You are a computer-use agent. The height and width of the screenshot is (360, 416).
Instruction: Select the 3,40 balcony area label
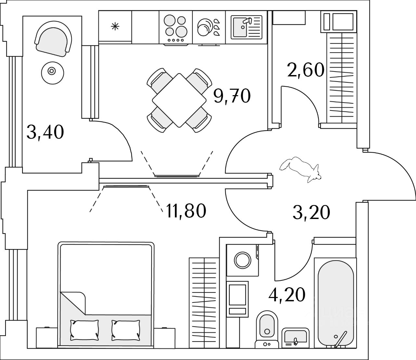pyautogui.click(x=45, y=133)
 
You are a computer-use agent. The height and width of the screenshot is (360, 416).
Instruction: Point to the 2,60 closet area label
pyautogui.click(x=306, y=70)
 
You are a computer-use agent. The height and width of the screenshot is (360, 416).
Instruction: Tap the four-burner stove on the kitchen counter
pyautogui.click(x=175, y=27)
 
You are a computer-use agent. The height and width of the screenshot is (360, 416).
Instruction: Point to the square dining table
pyautogui.click(x=179, y=100)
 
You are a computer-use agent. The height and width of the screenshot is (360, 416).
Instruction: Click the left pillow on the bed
pyautogui.click(x=84, y=328)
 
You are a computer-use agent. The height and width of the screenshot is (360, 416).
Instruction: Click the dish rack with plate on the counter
pyautogui.click(x=208, y=27)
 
